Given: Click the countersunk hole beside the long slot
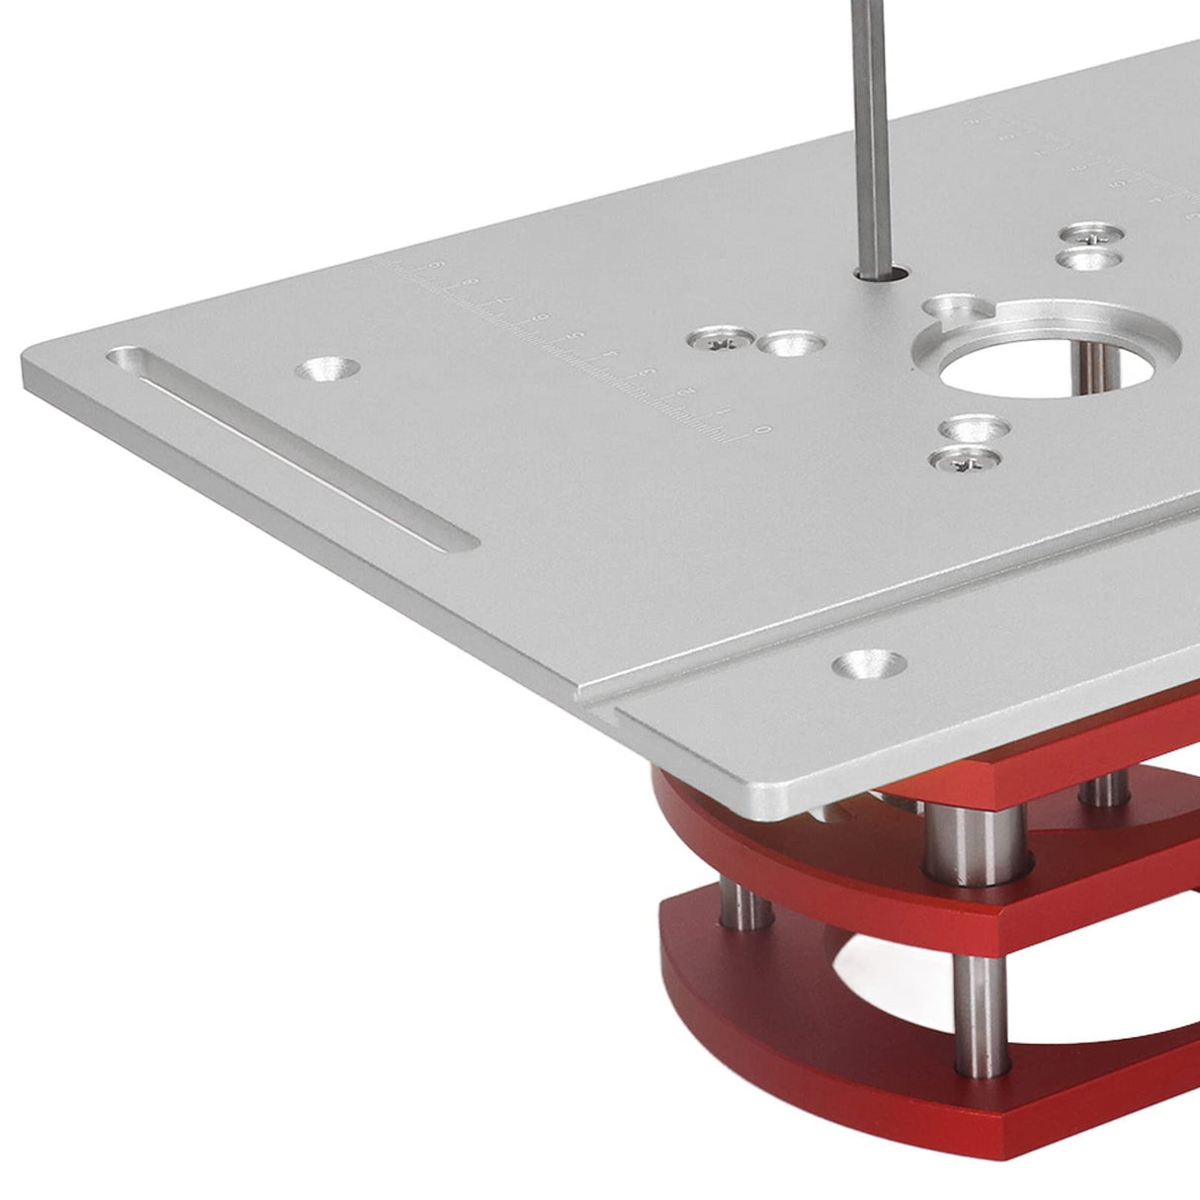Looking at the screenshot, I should point(327,371).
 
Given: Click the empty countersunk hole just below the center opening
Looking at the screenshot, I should point(977,429).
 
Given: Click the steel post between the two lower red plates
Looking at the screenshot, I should point(979,988).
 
